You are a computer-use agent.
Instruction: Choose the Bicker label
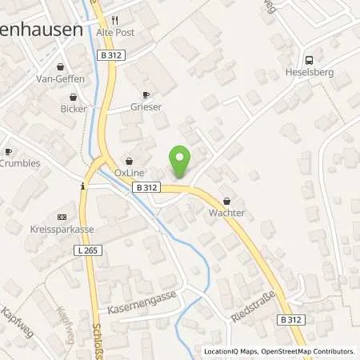coord(74,108)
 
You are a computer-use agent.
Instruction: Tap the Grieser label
coord(146,106)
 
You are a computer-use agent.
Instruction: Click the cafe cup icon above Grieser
coord(145,94)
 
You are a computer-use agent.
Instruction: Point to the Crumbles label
coord(20,163)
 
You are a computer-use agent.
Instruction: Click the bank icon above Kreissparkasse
coord(62,216)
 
